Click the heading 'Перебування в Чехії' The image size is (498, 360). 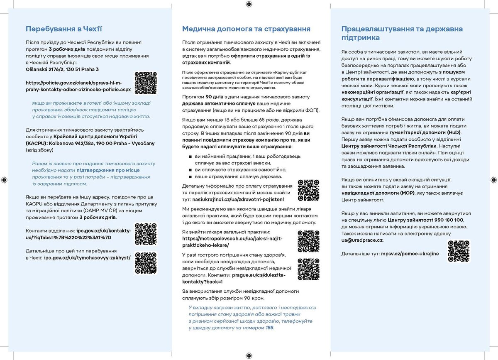click(64, 29)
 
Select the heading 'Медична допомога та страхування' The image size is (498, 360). click(246, 29)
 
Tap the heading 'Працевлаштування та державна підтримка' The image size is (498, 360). click(402, 33)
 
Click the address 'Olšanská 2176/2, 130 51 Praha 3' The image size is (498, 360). click(62, 69)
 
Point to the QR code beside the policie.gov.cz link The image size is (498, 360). click(146, 83)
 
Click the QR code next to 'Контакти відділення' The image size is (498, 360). click(146, 234)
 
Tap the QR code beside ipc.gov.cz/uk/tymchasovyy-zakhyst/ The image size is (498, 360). click(146, 263)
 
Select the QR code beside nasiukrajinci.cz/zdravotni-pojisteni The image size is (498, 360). click(309, 190)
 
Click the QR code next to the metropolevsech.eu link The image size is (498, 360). click(309, 242)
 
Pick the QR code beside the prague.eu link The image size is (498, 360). click(309, 269)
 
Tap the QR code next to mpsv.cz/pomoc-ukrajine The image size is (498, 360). click(458, 251)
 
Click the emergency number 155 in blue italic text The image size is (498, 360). click(269, 328)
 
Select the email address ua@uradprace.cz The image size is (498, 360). click(362, 240)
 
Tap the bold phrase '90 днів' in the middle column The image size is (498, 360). click(207, 97)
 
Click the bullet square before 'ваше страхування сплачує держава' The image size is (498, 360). click(190, 177)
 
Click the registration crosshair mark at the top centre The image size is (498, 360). click(249, 5)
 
